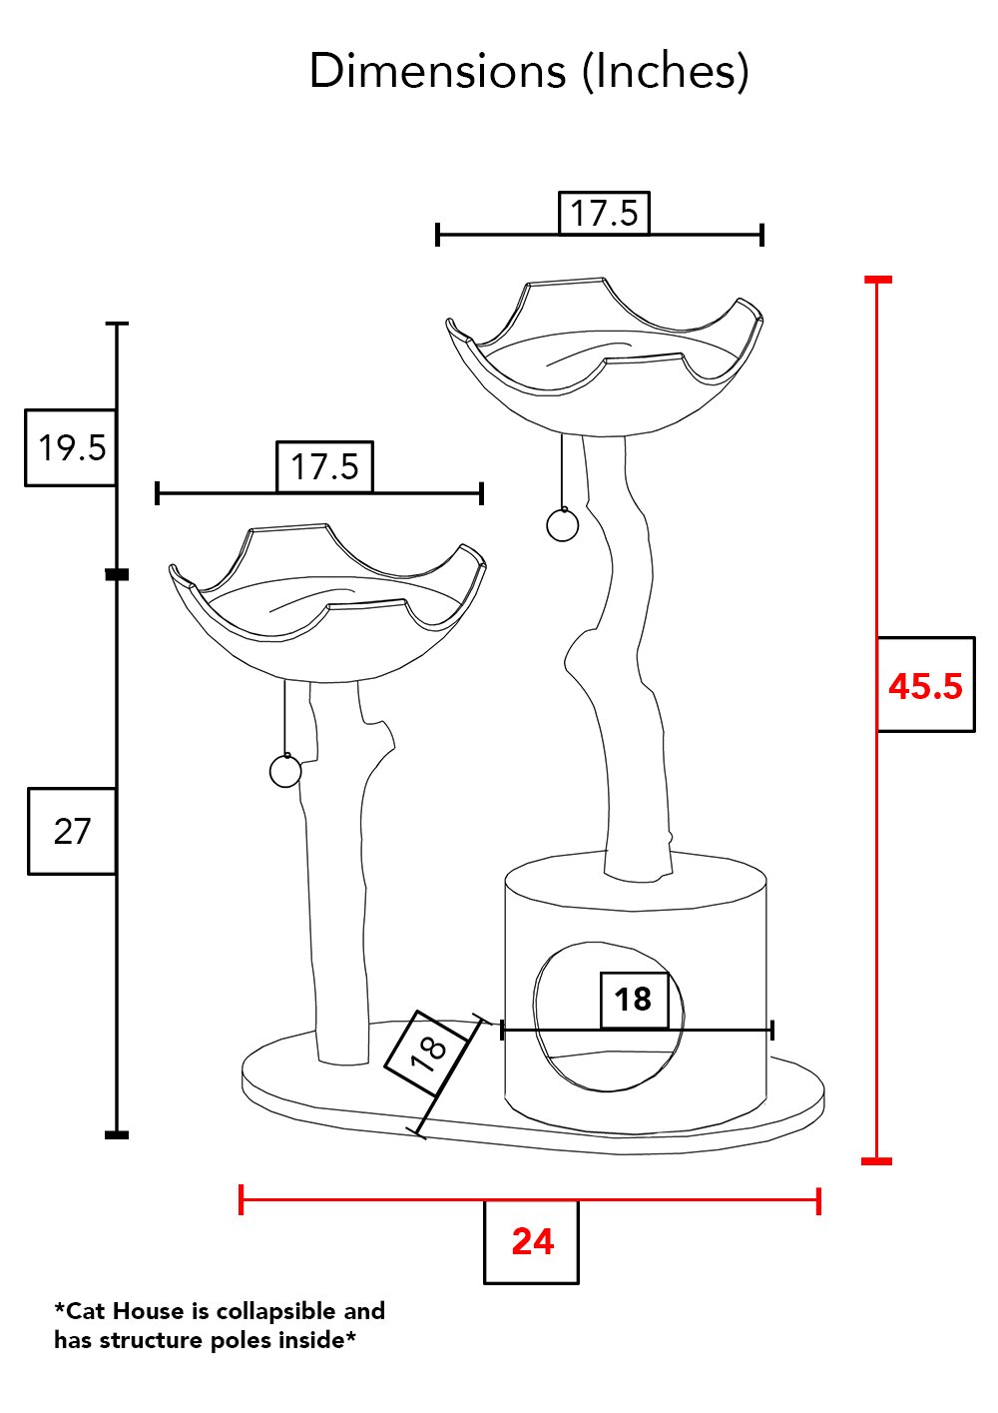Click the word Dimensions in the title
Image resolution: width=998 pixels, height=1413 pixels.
(x=437, y=71)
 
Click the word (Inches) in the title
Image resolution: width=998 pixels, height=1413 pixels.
(x=665, y=72)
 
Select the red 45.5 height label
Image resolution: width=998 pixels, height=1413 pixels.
(x=925, y=686)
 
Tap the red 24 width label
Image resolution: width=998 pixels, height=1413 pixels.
(x=533, y=1241)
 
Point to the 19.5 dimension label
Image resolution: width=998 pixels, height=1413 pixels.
(x=72, y=448)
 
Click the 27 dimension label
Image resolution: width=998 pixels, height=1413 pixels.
(x=72, y=832)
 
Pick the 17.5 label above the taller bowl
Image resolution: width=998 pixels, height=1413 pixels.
(x=604, y=213)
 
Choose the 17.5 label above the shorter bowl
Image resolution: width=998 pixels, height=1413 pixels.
(x=324, y=466)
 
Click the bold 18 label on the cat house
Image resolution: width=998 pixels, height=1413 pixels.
(x=633, y=1000)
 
